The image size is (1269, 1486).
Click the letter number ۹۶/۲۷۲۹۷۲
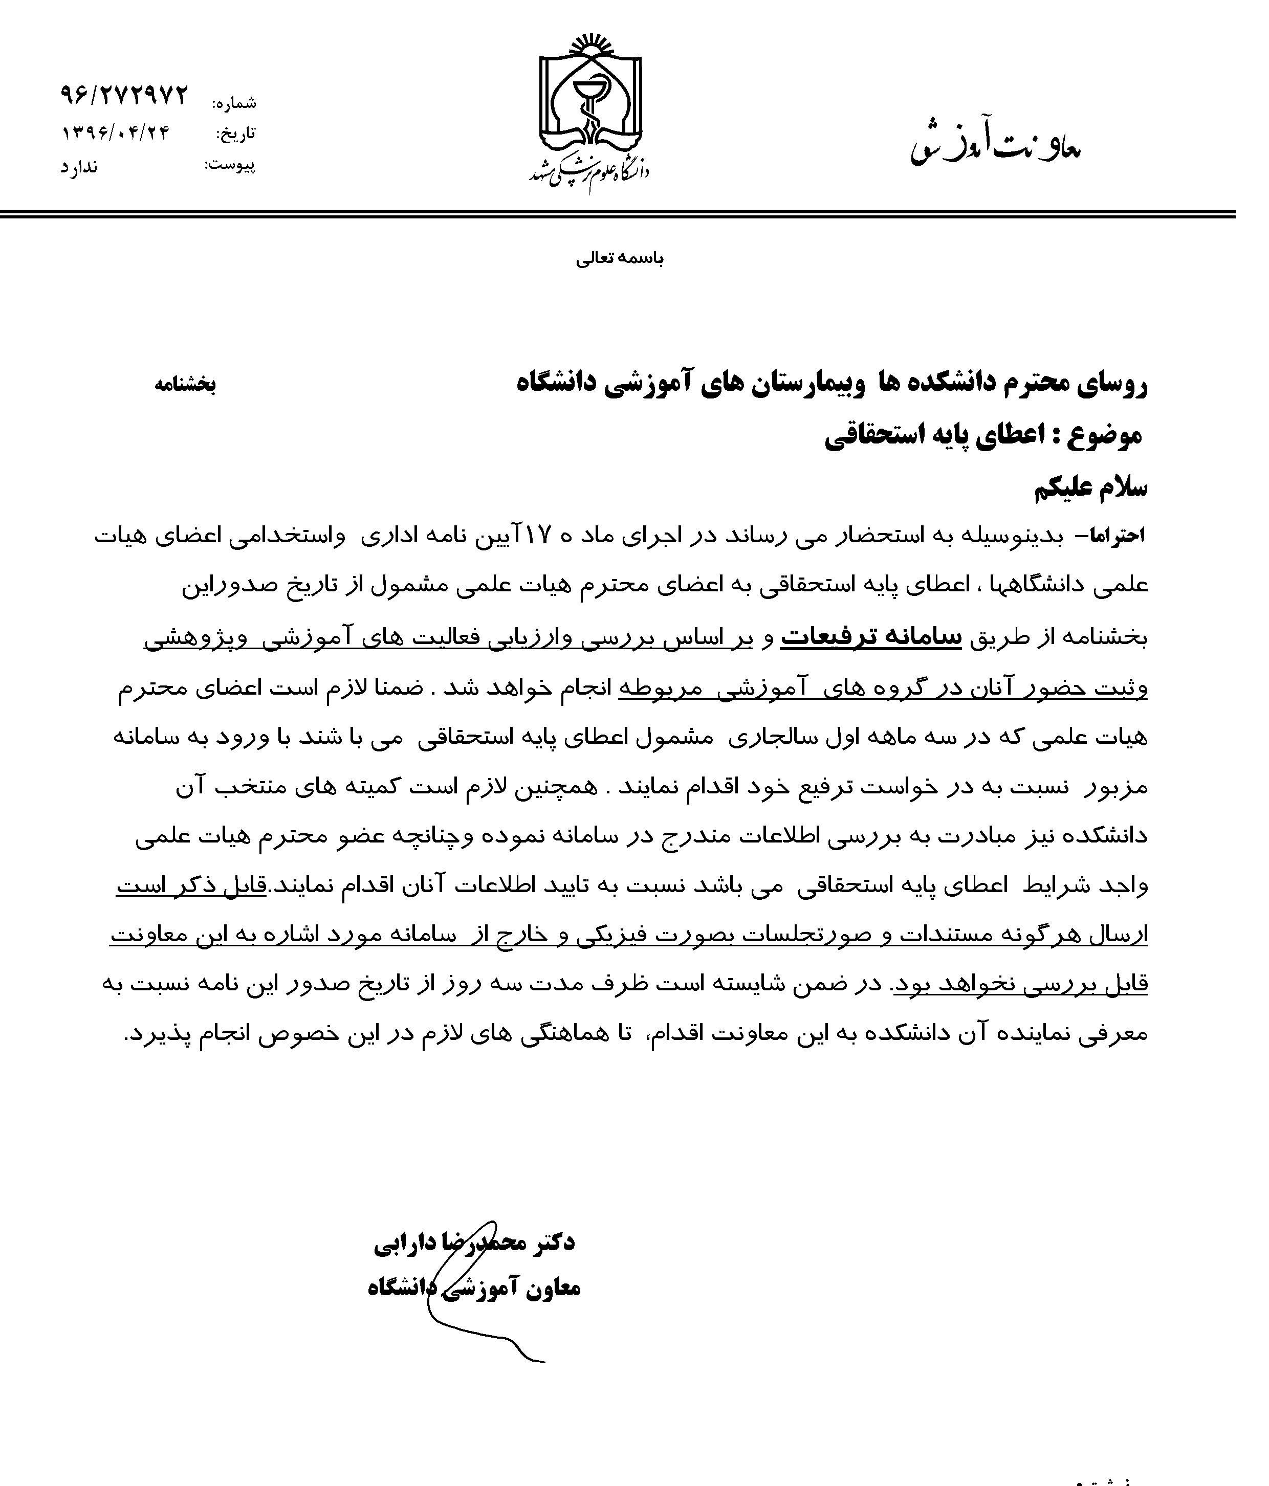[x=123, y=95]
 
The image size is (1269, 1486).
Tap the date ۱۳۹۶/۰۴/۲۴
[x=116, y=132]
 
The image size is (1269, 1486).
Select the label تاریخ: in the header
[x=236, y=134]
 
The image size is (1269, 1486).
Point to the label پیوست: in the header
[x=230, y=166]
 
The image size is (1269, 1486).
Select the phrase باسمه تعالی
[x=620, y=259]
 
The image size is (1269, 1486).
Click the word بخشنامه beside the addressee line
[x=185, y=384]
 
